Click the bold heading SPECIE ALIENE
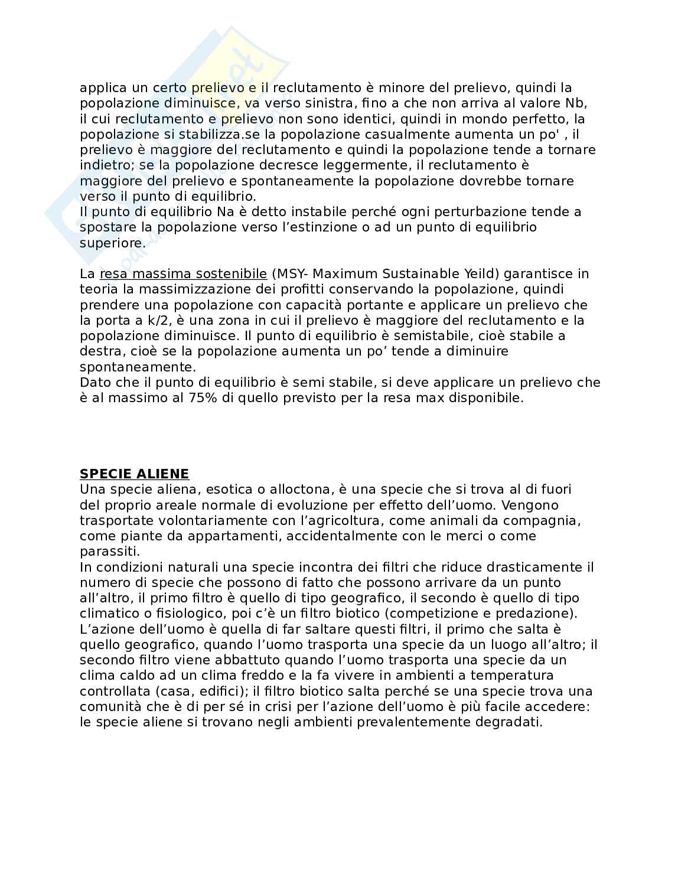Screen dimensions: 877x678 coord(134,474)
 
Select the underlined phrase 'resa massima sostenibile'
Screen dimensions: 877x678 coord(183,273)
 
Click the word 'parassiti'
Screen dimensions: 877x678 coord(109,552)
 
